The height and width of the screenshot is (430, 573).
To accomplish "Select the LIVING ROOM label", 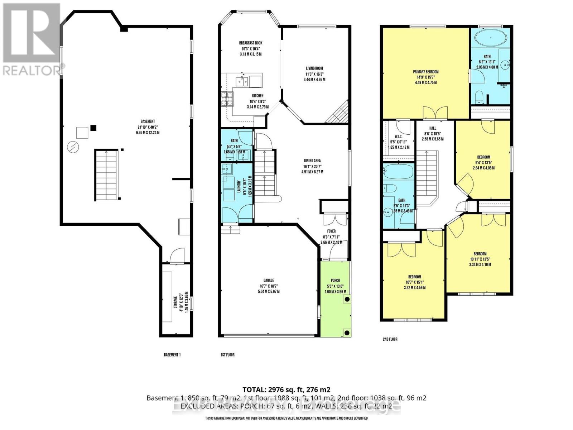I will pos(314,68).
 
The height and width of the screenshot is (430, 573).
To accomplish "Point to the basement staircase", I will pos(106,175).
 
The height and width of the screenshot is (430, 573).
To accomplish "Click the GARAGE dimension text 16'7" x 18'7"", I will pos(269,286).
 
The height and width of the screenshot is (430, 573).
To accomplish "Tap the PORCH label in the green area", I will pos(335,281).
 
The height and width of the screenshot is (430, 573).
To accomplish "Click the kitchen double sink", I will pos(241,82).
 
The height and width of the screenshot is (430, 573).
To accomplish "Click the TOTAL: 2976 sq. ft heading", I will pos(286,390).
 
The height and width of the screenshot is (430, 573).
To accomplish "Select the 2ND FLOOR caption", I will pos(390,339).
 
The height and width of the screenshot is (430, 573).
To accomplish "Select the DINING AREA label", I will pos(312,161).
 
